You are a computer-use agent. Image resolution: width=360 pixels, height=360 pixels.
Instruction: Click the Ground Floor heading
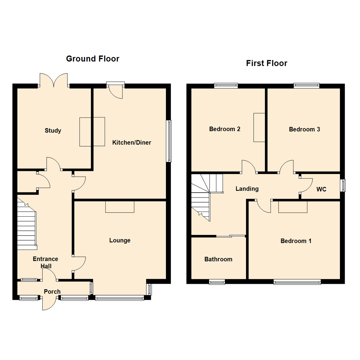92,59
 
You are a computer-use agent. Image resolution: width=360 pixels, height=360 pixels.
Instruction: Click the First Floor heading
266,63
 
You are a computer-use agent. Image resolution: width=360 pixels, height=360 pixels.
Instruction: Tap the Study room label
53,131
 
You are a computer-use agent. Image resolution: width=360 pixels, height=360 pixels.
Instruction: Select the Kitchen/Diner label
132,143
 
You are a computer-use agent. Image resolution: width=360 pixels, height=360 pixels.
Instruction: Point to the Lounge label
120,240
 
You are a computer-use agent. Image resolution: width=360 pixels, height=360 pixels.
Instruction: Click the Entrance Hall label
45,262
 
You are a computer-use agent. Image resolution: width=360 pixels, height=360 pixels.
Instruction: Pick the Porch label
52,292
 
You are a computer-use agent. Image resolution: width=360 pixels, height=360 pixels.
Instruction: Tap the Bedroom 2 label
225,129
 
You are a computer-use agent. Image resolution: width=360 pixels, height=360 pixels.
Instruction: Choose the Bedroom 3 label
304,129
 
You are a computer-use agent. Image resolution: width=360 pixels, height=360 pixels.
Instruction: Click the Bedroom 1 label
296,241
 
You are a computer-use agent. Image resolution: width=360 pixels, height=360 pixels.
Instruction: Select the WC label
321,189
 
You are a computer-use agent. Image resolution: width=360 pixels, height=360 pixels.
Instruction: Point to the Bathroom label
218,259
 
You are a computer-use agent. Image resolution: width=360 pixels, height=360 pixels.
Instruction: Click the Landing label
247,189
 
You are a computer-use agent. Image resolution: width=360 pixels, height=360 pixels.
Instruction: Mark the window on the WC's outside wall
343,185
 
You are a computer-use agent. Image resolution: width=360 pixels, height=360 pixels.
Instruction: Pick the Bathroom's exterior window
217,282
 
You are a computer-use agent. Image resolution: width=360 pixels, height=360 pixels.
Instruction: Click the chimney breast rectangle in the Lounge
120,207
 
